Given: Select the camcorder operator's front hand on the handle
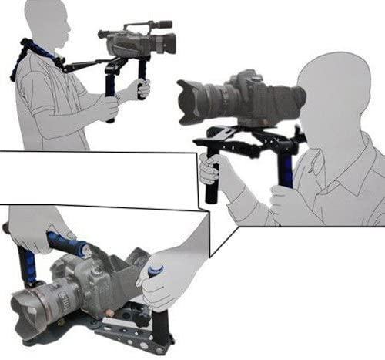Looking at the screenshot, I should (143, 89).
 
